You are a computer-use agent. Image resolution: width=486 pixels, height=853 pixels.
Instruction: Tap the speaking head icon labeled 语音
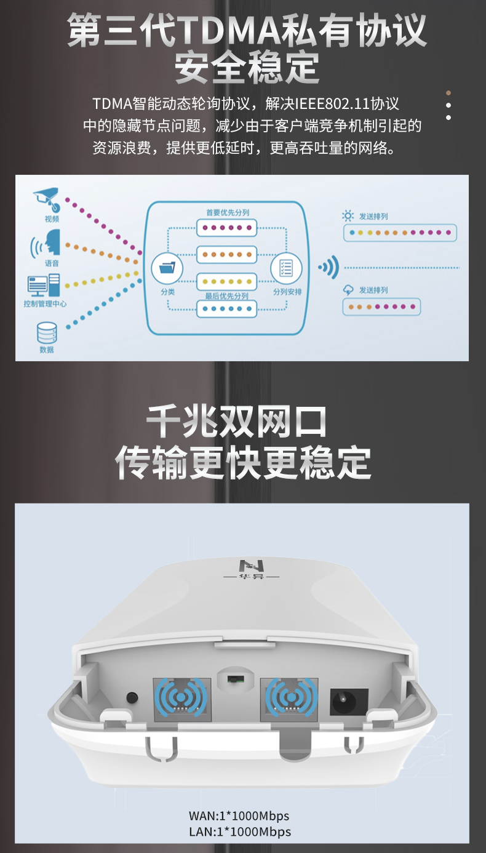pyautogui.click(x=46, y=243)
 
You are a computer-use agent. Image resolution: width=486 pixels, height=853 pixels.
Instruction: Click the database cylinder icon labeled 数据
pyautogui.click(x=47, y=333)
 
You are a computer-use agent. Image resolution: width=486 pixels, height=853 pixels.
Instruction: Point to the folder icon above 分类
pyautogui.click(x=167, y=268)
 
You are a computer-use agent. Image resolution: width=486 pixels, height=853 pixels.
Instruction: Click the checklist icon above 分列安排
pyautogui.click(x=286, y=268)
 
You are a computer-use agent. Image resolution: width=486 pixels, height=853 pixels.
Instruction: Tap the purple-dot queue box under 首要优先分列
pyautogui.click(x=227, y=228)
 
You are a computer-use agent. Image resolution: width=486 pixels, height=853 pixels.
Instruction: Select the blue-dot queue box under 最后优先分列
pyautogui.click(x=227, y=308)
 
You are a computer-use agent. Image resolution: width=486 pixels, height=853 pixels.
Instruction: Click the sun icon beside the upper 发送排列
pyautogui.click(x=348, y=215)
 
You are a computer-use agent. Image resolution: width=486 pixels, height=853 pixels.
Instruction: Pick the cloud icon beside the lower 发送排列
pyautogui.click(x=348, y=290)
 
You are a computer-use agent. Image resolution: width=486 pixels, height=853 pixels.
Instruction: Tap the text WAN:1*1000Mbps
pyautogui.click(x=239, y=815)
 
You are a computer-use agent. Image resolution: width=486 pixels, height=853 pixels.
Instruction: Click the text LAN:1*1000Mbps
pyautogui.click(x=240, y=831)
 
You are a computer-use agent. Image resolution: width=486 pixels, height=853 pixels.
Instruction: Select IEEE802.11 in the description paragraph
pyautogui.click(x=333, y=103)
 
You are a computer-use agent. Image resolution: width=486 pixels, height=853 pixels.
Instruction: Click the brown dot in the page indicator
pyautogui.click(x=448, y=93)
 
